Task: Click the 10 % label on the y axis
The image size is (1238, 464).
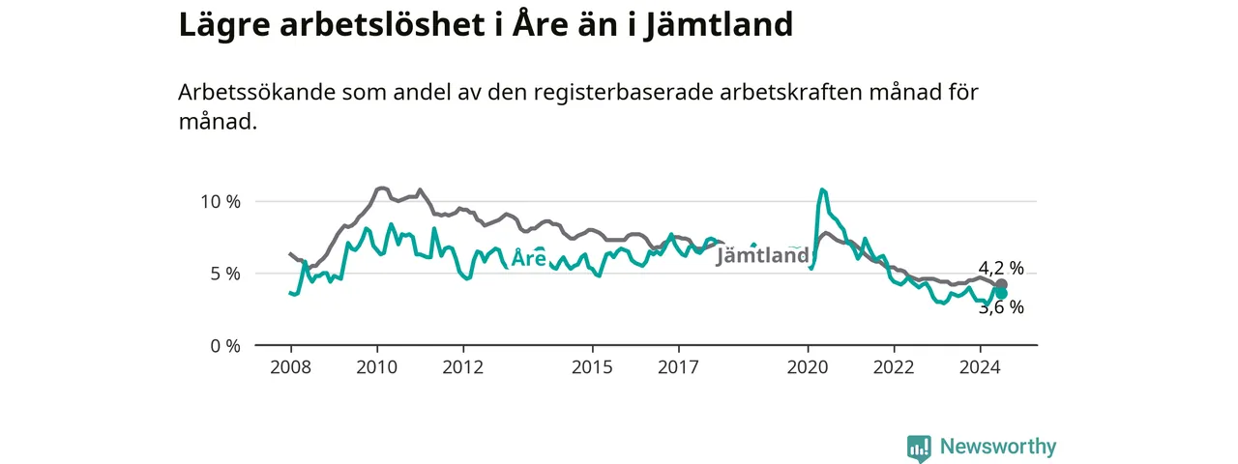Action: (220, 202)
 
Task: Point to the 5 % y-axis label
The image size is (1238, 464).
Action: (225, 274)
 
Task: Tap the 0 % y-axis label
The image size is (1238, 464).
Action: (225, 346)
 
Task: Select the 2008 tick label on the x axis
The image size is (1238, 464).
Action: (291, 367)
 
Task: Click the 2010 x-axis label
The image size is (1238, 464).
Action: (377, 367)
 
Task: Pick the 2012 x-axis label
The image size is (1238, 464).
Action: (463, 367)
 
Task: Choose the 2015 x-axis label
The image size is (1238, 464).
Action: (593, 367)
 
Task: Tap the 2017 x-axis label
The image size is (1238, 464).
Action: (679, 367)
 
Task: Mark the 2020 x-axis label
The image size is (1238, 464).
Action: (808, 367)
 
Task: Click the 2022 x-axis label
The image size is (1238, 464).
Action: (895, 367)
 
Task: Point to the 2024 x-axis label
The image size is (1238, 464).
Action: (981, 367)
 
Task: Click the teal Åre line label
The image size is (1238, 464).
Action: (529, 257)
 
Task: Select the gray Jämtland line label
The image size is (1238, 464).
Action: (763, 255)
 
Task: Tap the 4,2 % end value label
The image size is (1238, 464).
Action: (1001, 268)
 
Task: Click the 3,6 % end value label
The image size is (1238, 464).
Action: (1001, 307)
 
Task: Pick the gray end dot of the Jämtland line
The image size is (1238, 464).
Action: (1001, 285)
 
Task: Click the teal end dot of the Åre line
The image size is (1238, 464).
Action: (1001, 293)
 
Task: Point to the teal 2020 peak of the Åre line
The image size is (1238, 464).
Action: (822, 190)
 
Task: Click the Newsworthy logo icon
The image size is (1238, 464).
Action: (919, 448)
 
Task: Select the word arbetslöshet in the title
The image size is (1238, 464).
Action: (382, 24)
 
